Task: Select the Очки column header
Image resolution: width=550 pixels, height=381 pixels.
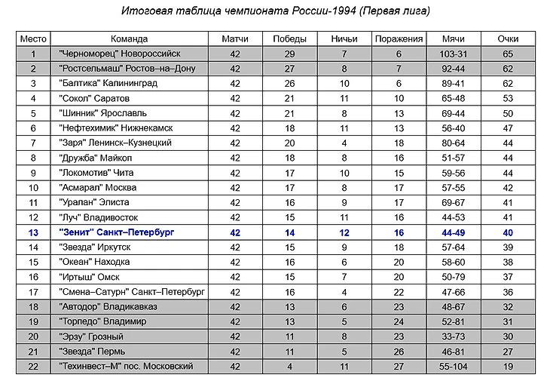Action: pos(508,39)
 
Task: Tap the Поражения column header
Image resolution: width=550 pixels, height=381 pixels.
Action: pos(399,39)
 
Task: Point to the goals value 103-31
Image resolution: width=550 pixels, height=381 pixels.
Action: pos(454,54)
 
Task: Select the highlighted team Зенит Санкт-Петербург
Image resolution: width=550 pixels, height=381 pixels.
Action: pos(116,232)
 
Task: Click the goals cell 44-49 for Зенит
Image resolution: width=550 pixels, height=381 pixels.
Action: pos(454,232)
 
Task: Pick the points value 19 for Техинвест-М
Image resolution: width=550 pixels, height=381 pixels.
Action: pos(508,367)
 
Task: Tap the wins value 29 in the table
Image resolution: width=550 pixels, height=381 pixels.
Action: pos(289,54)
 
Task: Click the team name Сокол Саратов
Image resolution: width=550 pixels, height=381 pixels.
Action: pos(94,99)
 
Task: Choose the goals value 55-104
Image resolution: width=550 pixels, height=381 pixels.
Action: pos(454,367)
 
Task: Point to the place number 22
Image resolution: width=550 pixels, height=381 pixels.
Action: pos(33,367)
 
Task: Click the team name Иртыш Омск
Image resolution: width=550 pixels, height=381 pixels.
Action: pos(88,278)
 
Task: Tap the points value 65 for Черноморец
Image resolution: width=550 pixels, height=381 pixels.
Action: pos(508,54)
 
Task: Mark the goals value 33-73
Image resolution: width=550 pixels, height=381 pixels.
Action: pos(454,336)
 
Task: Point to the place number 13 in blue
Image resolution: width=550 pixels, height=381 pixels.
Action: pos(33,232)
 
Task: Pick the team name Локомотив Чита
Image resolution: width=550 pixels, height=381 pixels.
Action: pos(96,173)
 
